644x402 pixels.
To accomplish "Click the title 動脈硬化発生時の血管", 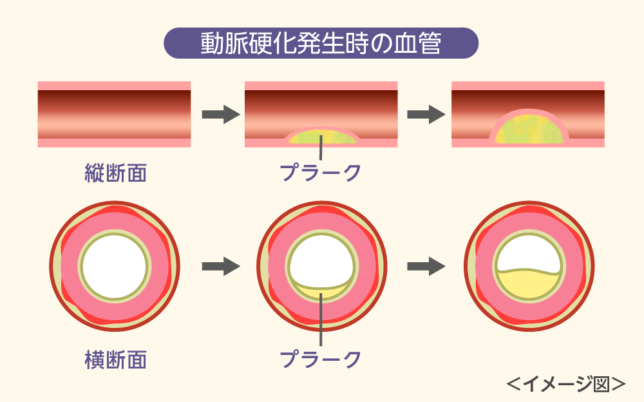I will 321,44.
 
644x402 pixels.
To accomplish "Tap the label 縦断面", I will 116,172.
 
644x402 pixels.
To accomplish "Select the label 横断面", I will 116,359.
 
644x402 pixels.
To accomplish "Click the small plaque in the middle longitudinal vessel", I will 321,137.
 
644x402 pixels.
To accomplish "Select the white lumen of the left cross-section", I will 115,265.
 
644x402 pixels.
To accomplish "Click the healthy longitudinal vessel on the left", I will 115,114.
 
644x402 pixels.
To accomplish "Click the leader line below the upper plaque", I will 321,152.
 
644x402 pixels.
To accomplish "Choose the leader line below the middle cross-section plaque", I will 321,325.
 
